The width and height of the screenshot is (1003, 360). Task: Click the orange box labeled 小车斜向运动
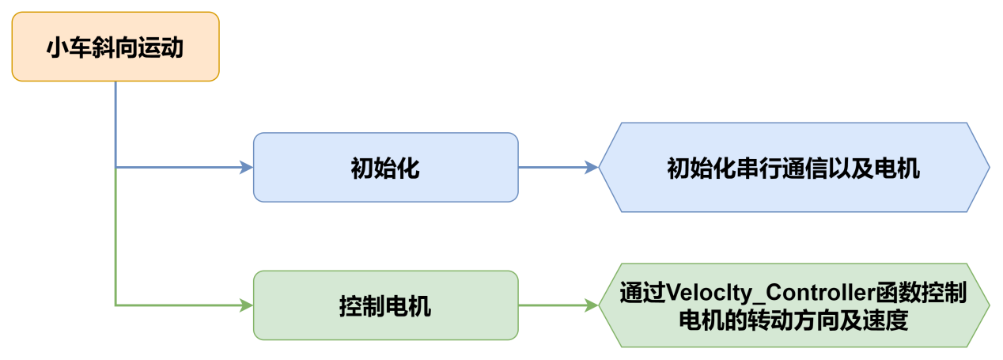pos(115,47)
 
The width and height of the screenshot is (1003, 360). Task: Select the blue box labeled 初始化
pos(385,167)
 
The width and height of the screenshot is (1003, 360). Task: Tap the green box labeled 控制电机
pos(385,305)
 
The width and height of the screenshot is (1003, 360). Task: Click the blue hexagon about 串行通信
pos(793,167)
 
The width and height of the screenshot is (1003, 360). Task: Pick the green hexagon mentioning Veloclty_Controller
pos(793,305)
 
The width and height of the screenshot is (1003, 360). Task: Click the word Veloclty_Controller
pos(772,292)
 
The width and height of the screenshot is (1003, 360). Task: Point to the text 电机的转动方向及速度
pos(793,320)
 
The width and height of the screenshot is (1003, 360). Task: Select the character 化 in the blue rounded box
pos(407,169)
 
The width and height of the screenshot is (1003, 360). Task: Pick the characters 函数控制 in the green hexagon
pos(921,292)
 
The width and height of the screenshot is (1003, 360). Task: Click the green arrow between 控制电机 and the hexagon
pos(554,305)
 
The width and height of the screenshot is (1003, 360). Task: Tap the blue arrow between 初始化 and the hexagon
pos(554,167)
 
